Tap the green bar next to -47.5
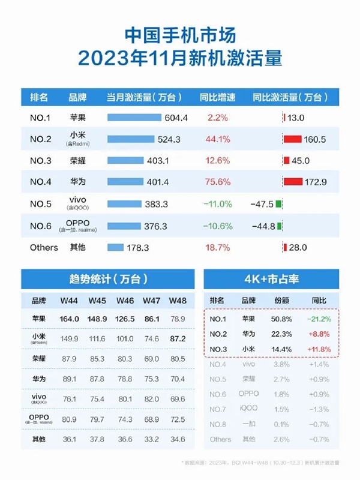click(x=279, y=204)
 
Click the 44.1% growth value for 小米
click(x=217, y=139)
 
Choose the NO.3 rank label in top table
click(x=40, y=161)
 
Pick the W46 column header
click(x=124, y=300)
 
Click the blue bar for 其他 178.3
click(x=115, y=247)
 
